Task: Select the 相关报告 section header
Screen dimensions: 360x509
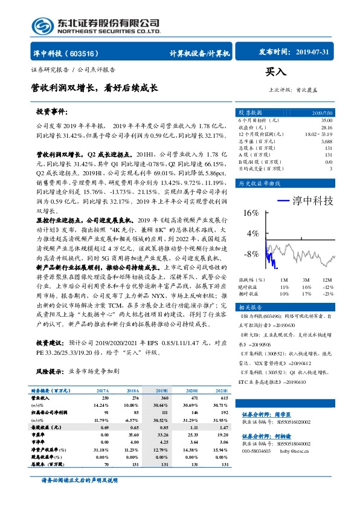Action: pos(250,307)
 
